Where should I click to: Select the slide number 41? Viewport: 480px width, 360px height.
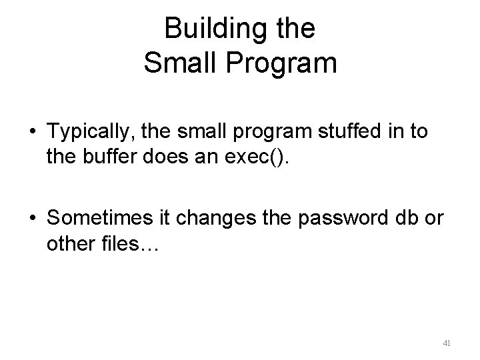(x=447, y=343)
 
